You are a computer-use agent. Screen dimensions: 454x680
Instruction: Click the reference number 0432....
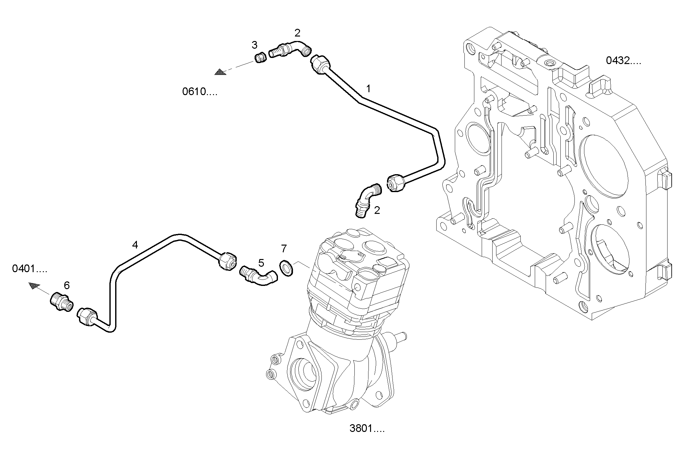point(623,61)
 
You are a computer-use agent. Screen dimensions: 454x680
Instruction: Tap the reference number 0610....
point(199,92)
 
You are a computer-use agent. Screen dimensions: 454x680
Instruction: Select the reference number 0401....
point(29,269)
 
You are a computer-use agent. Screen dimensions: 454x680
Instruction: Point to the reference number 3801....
point(367,428)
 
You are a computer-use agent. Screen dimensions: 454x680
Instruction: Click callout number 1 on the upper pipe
point(368,89)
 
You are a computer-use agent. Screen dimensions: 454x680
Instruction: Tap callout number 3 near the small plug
point(254,45)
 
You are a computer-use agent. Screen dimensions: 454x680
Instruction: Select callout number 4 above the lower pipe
point(135,245)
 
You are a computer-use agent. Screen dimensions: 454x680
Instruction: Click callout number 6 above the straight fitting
point(67,285)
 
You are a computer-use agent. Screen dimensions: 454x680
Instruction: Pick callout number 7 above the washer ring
point(284,248)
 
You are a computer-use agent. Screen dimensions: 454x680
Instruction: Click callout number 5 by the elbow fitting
point(261,263)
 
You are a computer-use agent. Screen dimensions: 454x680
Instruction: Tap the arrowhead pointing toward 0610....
point(220,72)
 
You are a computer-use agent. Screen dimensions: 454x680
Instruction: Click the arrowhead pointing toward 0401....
point(34,285)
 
